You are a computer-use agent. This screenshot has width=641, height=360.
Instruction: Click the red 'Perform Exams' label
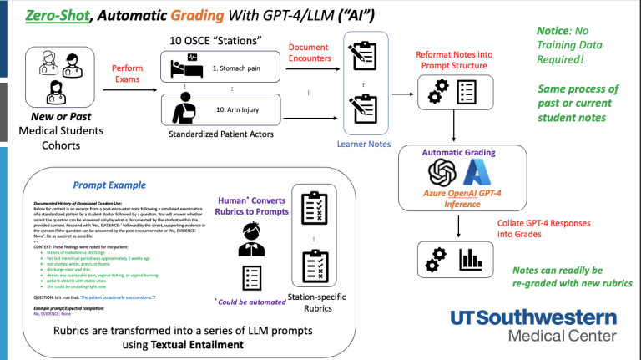(x=127, y=74)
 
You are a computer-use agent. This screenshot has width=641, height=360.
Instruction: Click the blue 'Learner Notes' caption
(x=365, y=145)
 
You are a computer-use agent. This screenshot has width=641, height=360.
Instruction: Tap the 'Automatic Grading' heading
(x=458, y=153)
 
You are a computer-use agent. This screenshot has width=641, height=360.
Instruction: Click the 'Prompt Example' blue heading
(x=109, y=185)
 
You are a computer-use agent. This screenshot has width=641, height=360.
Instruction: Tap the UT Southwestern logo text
(x=533, y=319)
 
